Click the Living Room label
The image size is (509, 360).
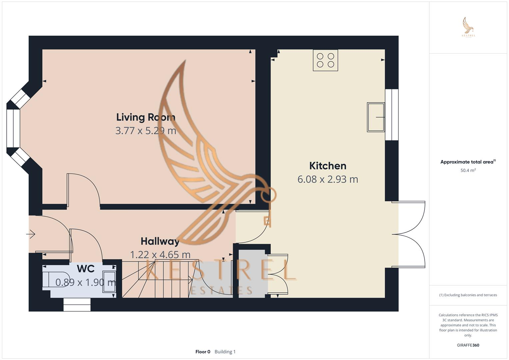pos(146,117)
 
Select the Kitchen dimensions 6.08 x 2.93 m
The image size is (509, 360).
pos(328,179)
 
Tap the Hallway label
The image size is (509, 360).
pos(160,241)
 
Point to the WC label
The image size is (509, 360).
pos(86,269)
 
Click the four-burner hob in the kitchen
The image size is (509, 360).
pos(325,60)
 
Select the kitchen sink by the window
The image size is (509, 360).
pos(376,117)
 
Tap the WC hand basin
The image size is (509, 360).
pos(109,282)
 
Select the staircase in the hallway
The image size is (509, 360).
pos(157,279)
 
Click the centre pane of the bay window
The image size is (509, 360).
pos(13,128)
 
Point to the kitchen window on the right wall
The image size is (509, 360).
pos(392,115)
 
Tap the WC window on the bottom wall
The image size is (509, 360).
pos(77,305)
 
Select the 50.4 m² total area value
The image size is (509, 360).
pos(468,170)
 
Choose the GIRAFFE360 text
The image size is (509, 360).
pos(468,345)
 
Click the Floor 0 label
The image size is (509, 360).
pos(203,352)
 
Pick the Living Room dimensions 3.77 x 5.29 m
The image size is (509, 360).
pos(146,131)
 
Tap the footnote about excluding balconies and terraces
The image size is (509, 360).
pos(468,295)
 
